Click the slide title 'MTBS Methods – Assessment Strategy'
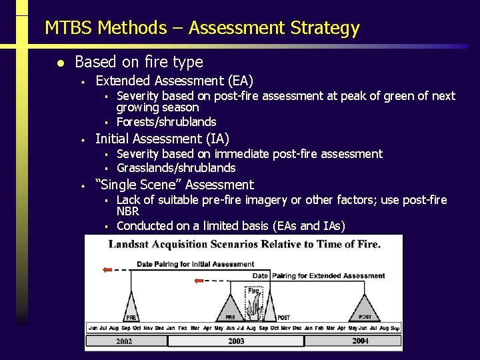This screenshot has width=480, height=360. (202, 28)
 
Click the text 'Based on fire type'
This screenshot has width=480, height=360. (139, 62)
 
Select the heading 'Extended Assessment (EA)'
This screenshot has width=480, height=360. (174, 81)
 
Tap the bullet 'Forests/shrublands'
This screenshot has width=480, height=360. (166, 122)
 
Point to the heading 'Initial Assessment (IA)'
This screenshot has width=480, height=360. (162, 139)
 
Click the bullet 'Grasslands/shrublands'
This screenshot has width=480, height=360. (176, 168)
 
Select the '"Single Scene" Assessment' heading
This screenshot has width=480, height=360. (174, 185)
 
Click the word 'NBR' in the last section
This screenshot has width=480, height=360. (127, 211)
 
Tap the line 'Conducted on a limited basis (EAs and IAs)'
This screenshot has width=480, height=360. (231, 226)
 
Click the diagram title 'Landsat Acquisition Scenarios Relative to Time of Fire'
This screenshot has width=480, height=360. (245, 244)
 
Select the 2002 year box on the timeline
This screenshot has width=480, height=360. (125, 341)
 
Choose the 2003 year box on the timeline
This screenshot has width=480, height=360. (235, 341)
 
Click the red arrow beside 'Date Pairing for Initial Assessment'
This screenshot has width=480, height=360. (107, 270)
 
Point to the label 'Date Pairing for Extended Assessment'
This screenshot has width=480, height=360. (319, 275)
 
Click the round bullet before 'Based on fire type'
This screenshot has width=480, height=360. (59, 63)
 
